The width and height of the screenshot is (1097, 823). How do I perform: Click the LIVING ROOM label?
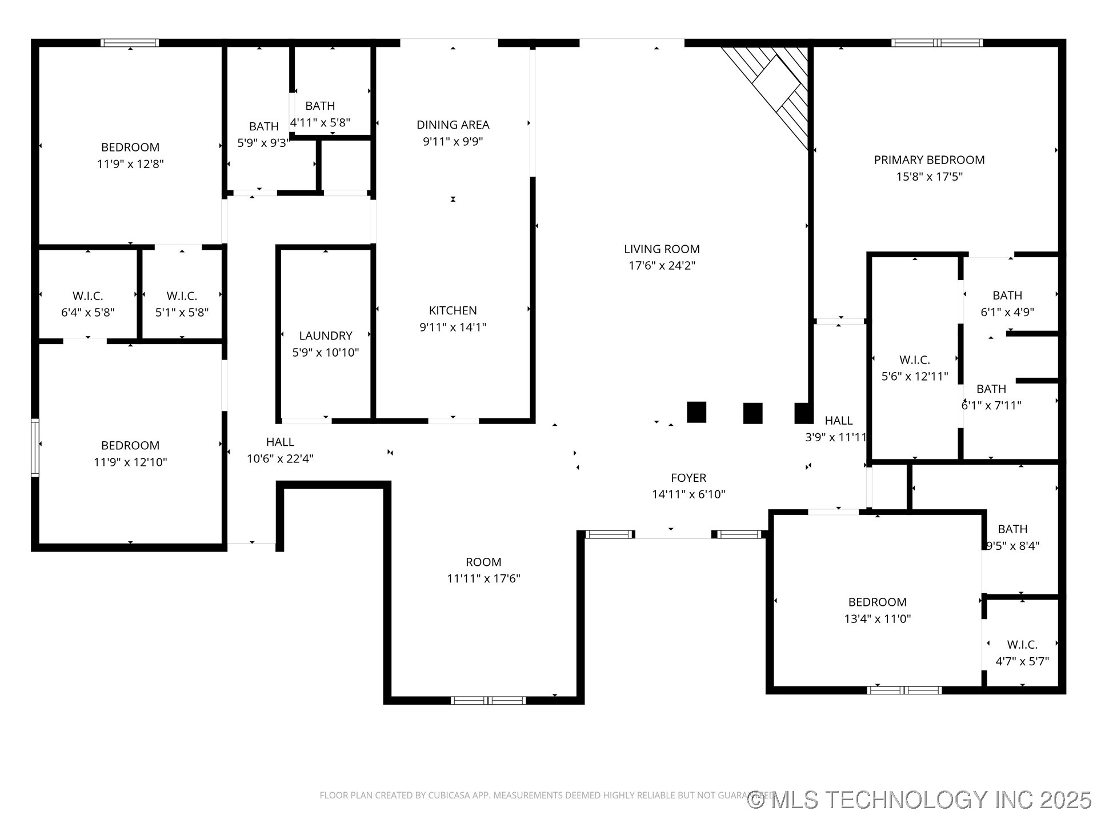point(662,249)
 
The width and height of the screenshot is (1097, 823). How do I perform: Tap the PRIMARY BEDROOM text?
point(929,160)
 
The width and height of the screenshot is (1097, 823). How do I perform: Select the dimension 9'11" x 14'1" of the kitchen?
point(453,327)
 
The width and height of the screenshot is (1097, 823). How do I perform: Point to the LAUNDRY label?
point(326,335)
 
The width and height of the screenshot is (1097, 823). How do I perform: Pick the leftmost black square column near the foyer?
point(696,412)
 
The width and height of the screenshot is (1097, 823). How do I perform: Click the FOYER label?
point(688,478)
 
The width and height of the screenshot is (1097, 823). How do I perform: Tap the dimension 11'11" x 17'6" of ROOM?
point(483,578)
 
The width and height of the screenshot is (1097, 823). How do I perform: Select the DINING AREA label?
point(453,125)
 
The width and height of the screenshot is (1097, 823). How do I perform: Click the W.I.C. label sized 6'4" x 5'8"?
point(87,296)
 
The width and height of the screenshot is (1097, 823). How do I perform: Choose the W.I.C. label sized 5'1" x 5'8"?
point(182,296)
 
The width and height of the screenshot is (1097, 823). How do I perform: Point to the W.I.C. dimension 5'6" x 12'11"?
point(915,376)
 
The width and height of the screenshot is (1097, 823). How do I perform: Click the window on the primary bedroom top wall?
point(937,43)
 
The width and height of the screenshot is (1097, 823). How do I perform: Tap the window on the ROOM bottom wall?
point(488,700)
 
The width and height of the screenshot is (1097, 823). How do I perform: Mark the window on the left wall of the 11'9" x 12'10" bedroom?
point(35,448)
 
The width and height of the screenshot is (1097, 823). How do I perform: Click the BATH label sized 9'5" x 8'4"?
point(1012,529)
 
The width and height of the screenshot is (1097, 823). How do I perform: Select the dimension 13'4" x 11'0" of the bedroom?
point(877,618)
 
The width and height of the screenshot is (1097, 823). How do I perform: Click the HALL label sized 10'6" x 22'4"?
point(280,442)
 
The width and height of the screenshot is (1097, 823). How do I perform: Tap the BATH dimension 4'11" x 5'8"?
point(320,122)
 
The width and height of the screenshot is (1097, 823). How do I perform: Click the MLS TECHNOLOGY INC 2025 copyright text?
point(920,800)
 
